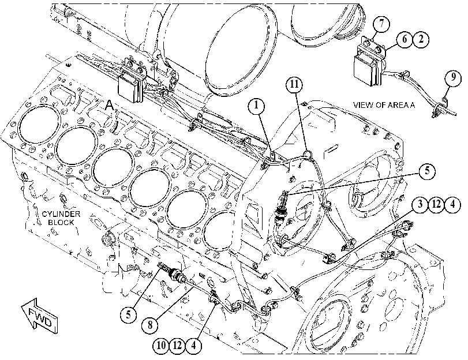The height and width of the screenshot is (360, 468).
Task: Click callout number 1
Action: point(257,106)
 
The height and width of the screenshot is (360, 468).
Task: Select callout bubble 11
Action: point(294,85)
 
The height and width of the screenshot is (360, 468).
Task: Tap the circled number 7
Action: point(382,24)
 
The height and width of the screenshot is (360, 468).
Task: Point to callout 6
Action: point(405,39)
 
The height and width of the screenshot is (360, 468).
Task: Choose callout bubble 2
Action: point(421,39)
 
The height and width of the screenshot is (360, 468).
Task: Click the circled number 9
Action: point(453,78)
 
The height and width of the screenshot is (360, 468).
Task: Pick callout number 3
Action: point(420,205)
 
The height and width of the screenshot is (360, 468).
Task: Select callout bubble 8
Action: point(150,324)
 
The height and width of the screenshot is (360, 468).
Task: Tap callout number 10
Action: point(161,346)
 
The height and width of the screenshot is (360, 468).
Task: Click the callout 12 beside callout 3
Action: point(436,205)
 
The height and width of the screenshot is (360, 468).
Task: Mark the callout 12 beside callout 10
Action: point(177,346)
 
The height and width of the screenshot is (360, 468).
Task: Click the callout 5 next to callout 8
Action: point(128,314)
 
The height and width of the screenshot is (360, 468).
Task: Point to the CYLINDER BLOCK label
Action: point(61,218)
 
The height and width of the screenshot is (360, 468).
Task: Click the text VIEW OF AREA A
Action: point(384,105)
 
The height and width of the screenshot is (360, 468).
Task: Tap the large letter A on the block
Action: point(110,105)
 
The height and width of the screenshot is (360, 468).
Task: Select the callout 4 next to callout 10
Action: point(194,346)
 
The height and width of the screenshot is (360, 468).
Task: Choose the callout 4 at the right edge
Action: point(453,205)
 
